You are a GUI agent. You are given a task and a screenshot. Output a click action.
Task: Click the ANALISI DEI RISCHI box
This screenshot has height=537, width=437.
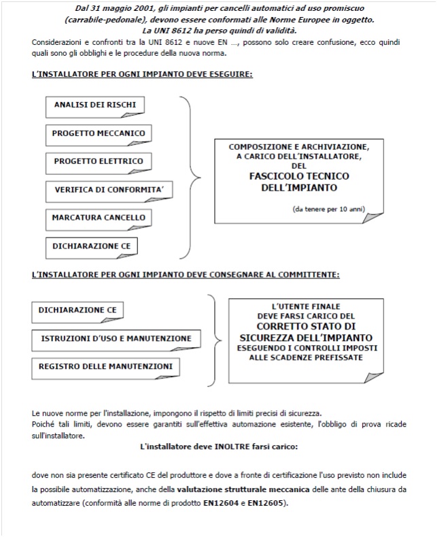pyautogui.click(x=94, y=105)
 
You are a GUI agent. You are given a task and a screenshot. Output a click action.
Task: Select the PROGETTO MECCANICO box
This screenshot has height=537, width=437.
pyautogui.click(x=98, y=133)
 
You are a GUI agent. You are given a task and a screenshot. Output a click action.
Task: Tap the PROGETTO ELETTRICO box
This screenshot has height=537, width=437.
pyautogui.click(x=97, y=161)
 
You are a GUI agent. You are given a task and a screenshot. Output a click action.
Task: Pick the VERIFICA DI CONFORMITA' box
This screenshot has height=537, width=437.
pyautogui.click(x=100, y=190)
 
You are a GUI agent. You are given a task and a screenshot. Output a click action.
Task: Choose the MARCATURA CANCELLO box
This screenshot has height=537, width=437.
pyautogui.click(x=99, y=218)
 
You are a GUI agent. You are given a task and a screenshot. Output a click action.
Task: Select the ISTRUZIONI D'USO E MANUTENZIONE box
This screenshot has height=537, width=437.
pyautogui.click(x=116, y=338)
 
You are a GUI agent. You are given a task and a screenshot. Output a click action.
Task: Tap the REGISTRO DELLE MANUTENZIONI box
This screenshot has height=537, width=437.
pyautogui.click(x=105, y=367)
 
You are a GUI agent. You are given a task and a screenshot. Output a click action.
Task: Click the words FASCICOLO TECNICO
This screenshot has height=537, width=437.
pyautogui.click(x=298, y=175)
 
